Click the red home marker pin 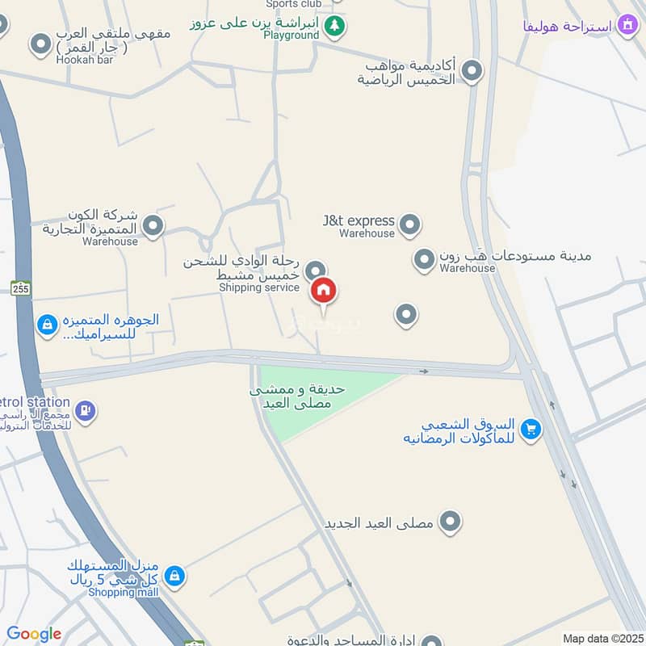click(324, 291)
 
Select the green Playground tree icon click(334, 27)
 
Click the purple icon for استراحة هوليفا click(627, 26)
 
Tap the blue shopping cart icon click(531, 429)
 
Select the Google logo click(34, 634)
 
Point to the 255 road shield click(21, 288)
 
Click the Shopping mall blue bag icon click(174, 577)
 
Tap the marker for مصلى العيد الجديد click(451, 522)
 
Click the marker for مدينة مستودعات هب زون click(424, 260)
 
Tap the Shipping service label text click(259, 287)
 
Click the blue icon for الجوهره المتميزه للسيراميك click(48, 325)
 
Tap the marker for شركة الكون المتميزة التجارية click(153, 226)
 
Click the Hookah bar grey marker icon click(40, 45)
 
